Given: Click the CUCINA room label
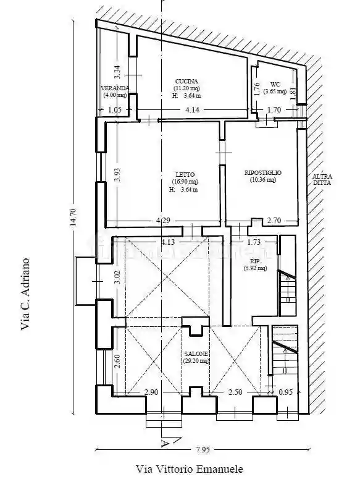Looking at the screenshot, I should tap(186, 82).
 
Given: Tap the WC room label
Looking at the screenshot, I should tap(275, 84).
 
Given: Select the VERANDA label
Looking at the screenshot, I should tap(115, 88).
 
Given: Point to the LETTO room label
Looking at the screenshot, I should tap(185, 174).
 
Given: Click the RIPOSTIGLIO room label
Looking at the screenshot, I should tap(264, 172).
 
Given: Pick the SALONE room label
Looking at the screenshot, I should tap(196, 354).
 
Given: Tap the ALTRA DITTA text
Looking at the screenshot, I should tap(322, 179).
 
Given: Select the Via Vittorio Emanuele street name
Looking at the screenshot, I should tap(190, 469).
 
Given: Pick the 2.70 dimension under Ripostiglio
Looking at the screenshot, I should tap(273, 220).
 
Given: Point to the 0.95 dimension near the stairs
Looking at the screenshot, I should tap(285, 392).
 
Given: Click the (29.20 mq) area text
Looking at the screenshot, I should tap(196, 361).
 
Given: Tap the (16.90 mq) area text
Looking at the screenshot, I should tap(185, 182).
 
